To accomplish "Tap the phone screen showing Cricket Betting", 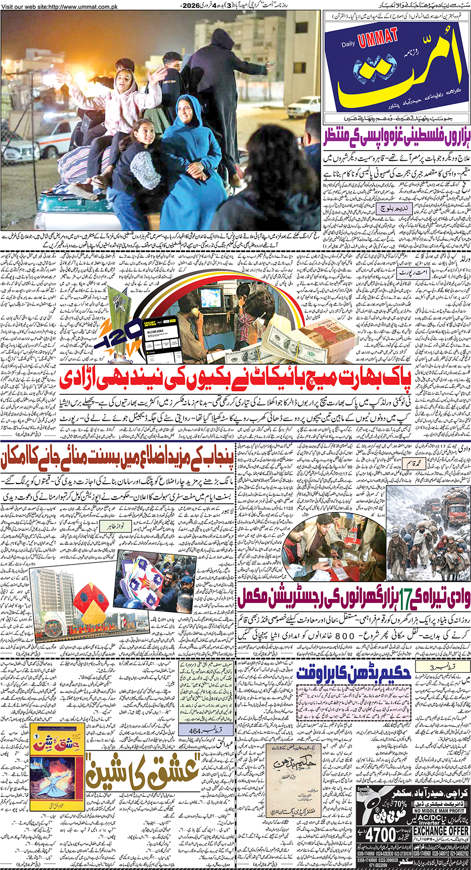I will (157, 338).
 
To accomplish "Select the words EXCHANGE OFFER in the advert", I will (441, 831).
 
